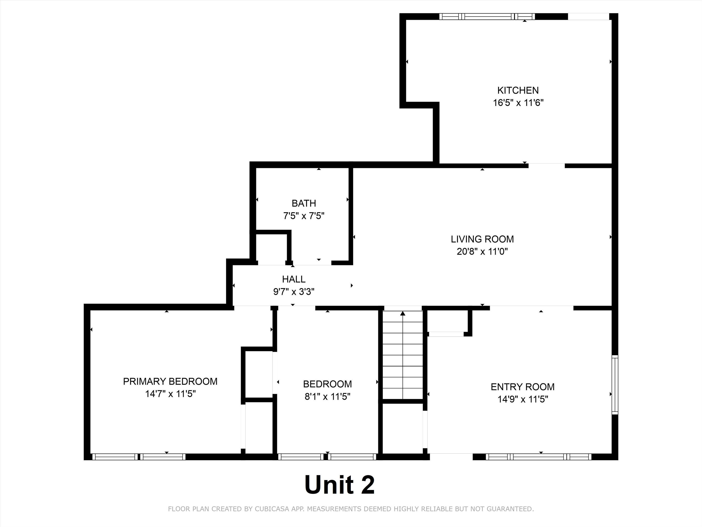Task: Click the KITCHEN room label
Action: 518,91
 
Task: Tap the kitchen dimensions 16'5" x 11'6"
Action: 518,103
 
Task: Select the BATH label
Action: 304,203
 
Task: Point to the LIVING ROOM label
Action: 482,239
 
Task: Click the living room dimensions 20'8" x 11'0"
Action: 482,252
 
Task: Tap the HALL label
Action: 294,279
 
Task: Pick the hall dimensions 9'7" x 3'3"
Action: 294,292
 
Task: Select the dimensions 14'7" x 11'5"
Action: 170,394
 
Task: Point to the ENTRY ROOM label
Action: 523,387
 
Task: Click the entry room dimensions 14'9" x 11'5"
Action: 523,399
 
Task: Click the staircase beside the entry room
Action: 403,355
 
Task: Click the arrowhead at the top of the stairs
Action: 403,313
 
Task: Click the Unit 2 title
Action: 340,484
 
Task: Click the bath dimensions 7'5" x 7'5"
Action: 304,216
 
